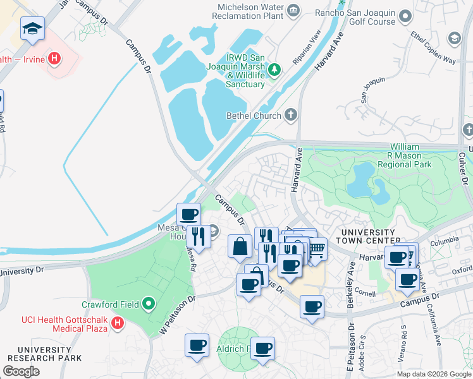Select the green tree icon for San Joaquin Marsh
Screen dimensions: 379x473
tap(274, 69)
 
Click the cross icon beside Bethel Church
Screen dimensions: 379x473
tap(290, 114)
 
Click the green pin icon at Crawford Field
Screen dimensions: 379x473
tap(149, 304)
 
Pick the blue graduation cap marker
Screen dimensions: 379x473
tap(32, 28)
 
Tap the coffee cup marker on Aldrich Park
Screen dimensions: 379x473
tap(263, 347)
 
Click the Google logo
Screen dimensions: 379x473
tap(21, 371)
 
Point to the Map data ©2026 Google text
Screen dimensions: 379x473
tap(434, 374)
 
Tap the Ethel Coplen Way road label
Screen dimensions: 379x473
tap(433, 48)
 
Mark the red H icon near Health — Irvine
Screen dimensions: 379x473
tap(55, 59)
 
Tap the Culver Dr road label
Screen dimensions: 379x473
tap(462, 167)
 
